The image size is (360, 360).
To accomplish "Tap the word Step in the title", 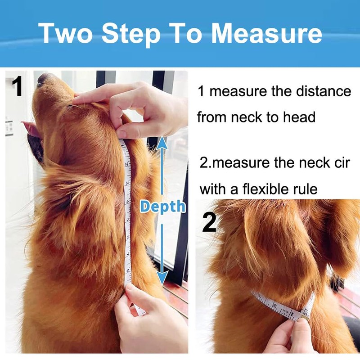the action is [x=131, y=35].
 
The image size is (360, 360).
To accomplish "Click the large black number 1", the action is [x=17, y=87].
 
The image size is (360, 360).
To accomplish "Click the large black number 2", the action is [x=209, y=222].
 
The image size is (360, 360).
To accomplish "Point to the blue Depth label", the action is [x=163, y=207].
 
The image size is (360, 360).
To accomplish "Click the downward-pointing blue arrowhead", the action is [x=162, y=278].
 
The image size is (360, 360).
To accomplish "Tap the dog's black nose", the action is [x=42, y=79].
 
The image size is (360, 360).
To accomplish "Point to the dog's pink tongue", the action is [x=31, y=129].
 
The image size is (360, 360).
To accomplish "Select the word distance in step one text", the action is [x=324, y=91].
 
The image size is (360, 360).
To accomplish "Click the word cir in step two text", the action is [x=342, y=163].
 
